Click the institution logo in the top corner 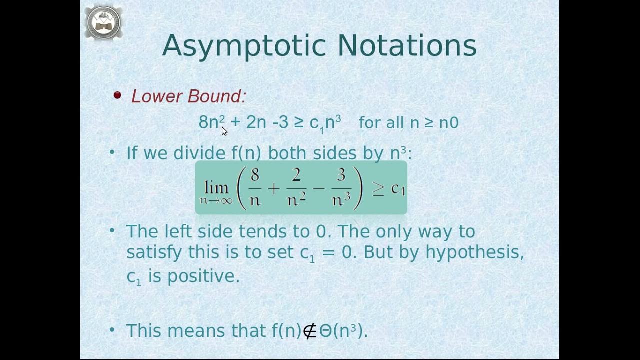(x=104, y=22)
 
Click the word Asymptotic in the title (x=245, y=46)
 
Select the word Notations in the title (x=407, y=46)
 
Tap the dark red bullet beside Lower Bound (x=117, y=95)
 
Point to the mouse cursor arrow (x=224, y=131)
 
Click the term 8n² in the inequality (x=211, y=122)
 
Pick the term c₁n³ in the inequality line (x=325, y=123)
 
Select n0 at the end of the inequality (x=448, y=123)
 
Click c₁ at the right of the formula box (x=398, y=188)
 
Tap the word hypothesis (x=474, y=252)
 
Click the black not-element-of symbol (x=310, y=331)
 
